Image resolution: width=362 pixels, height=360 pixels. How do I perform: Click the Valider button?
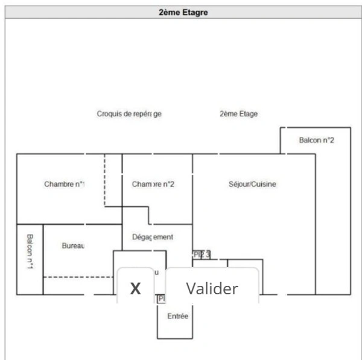(x=212, y=288)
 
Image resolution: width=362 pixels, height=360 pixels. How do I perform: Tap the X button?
(x=136, y=288)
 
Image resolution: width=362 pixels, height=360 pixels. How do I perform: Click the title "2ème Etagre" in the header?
(x=183, y=11)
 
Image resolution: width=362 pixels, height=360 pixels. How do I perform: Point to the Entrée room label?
(x=177, y=316)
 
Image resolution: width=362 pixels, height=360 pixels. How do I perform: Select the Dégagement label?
(x=153, y=237)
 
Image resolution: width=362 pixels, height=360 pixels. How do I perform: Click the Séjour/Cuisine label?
(x=252, y=184)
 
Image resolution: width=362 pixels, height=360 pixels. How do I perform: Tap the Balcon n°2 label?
(x=317, y=140)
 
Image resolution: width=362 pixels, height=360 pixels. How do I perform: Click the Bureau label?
(x=74, y=245)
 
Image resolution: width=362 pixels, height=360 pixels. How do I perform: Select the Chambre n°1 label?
(x=64, y=184)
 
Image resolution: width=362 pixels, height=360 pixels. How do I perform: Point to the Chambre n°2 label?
(x=153, y=184)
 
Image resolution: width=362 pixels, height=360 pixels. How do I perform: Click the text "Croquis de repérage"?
(x=129, y=113)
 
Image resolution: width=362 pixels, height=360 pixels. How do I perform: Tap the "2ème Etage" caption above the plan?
(x=238, y=113)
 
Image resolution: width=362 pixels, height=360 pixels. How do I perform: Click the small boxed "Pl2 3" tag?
(x=202, y=255)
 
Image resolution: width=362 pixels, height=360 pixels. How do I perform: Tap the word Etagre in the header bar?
(x=194, y=11)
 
